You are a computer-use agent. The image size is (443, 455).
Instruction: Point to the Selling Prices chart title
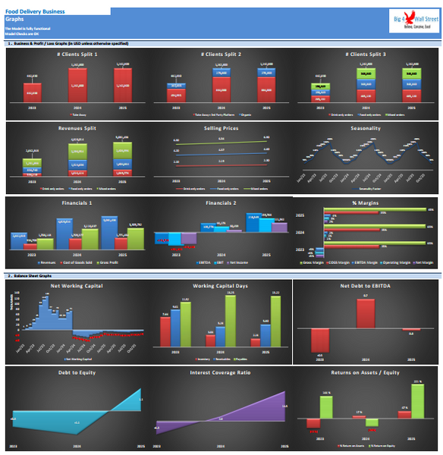[220, 128]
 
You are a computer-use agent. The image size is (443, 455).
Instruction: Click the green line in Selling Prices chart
[220, 140]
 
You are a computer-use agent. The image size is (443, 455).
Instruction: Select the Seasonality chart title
[366, 128]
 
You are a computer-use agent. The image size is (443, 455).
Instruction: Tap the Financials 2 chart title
[220, 203]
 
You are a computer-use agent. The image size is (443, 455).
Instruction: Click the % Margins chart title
[366, 203]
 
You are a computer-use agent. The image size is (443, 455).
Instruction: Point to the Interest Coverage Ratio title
[220, 373]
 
